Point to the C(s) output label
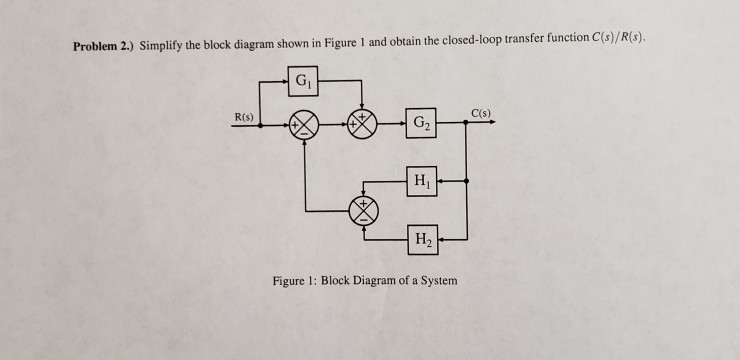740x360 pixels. (481, 111)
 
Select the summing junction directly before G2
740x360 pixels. (362, 127)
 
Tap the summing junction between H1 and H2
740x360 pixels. (362, 210)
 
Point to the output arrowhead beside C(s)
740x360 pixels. (497, 124)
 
